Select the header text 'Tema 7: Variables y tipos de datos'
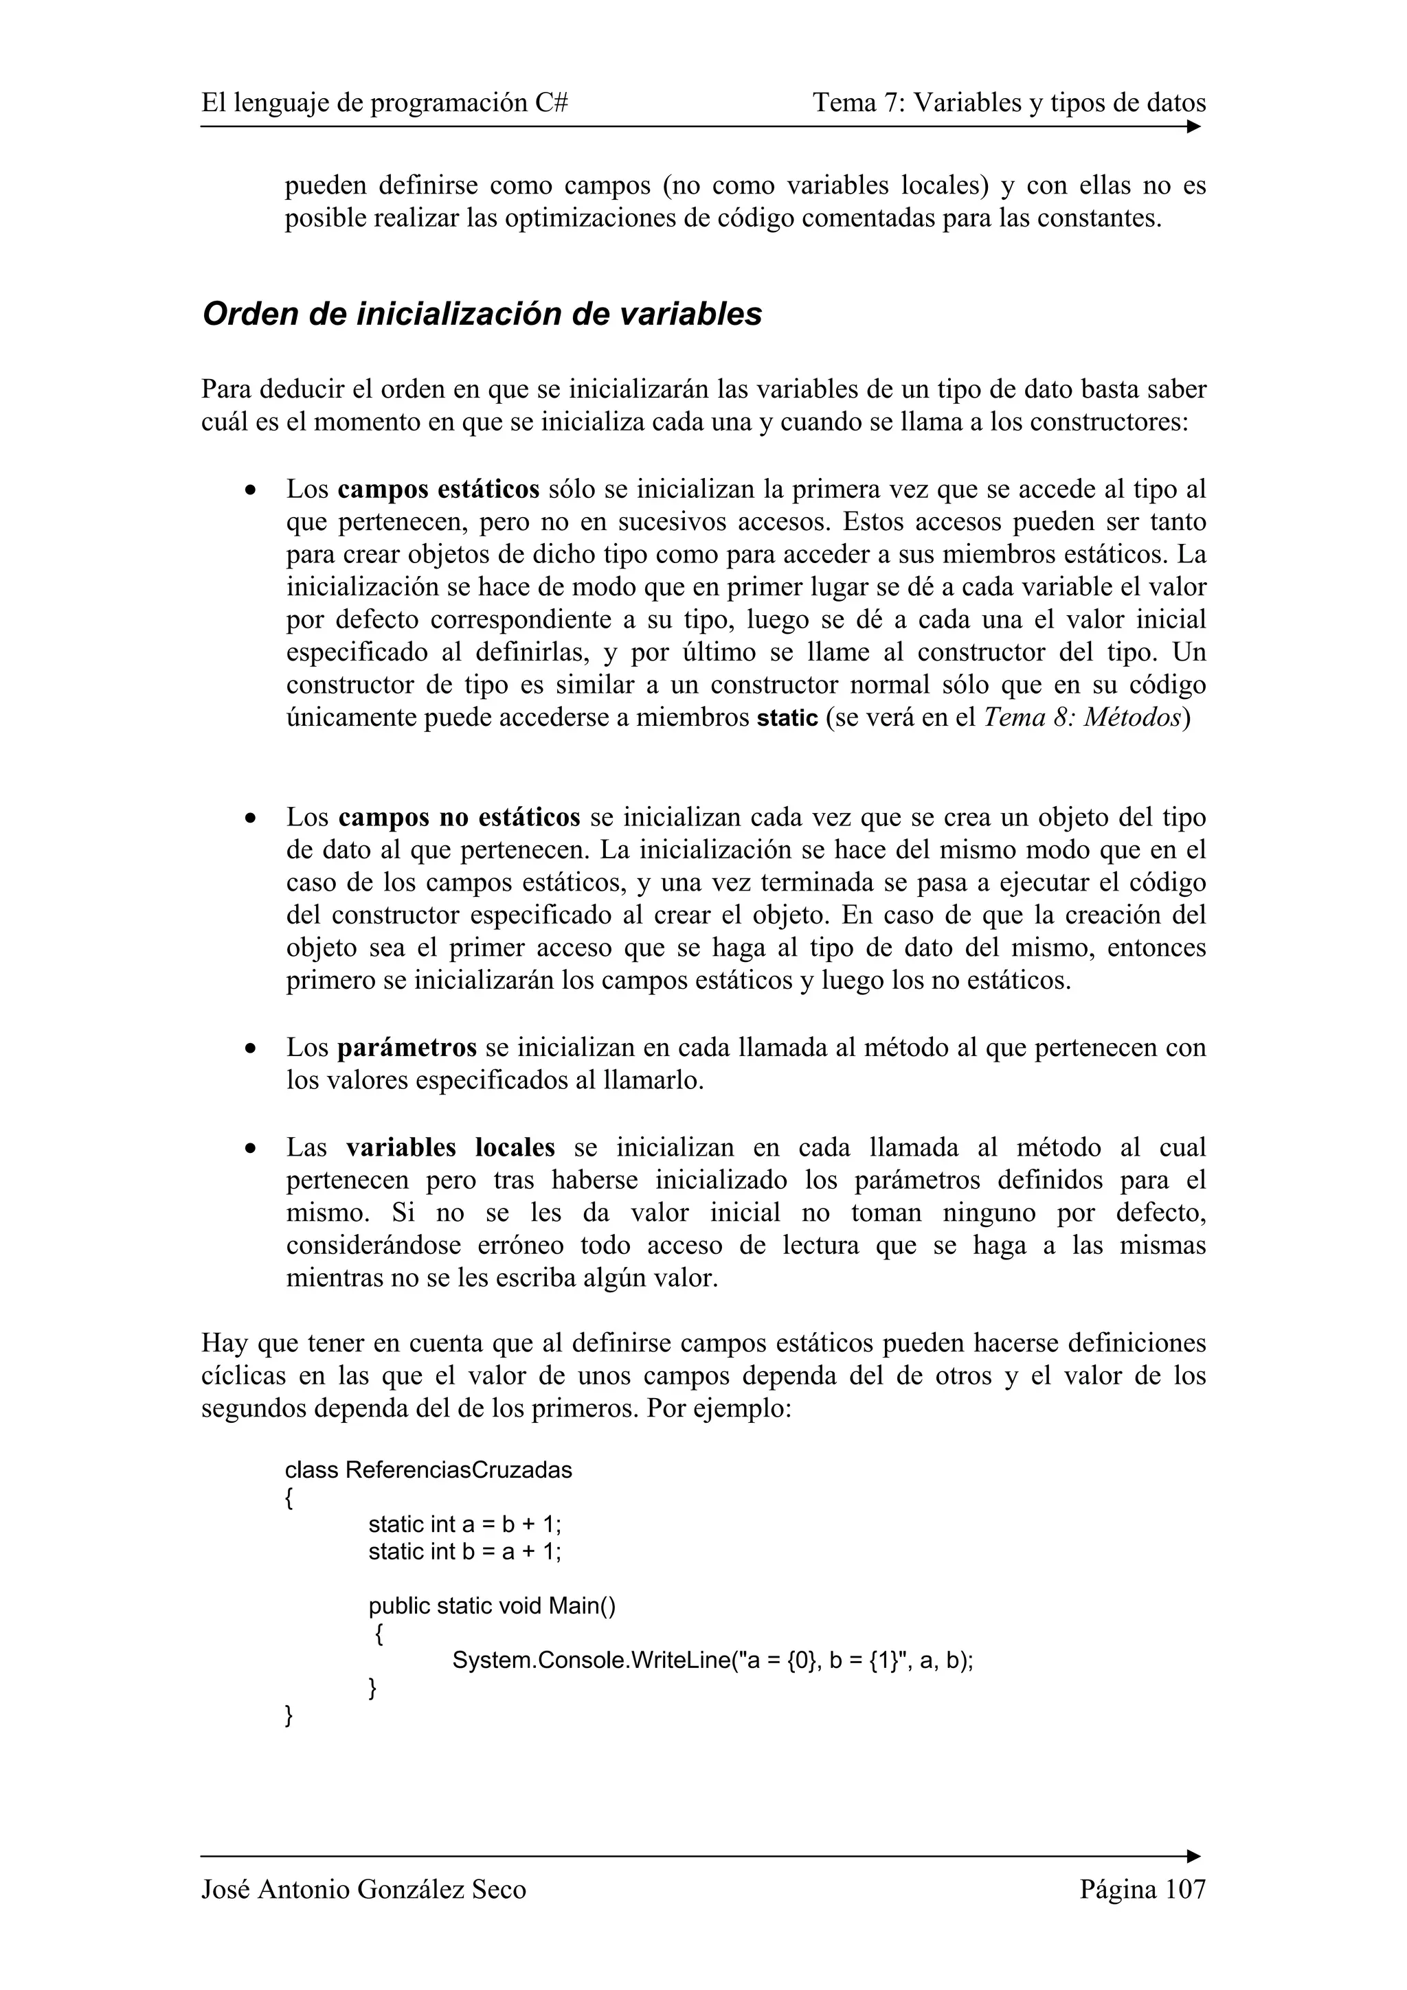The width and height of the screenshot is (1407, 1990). [1009, 103]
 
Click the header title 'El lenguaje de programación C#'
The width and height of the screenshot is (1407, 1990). [385, 103]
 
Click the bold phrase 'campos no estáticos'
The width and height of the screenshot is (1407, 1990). [459, 817]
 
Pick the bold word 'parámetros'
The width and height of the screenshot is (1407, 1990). [407, 1048]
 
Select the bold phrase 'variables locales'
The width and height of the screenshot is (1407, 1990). [450, 1147]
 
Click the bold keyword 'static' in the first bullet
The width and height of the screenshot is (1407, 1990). [787, 718]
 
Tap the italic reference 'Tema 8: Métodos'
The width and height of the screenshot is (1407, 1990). [1083, 718]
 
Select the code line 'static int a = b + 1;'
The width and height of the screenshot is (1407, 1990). [464, 1524]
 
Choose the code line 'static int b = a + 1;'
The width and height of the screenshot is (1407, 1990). [464, 1551]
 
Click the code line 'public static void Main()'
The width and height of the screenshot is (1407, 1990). [491, 1606]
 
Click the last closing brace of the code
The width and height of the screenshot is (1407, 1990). [289, 1715]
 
